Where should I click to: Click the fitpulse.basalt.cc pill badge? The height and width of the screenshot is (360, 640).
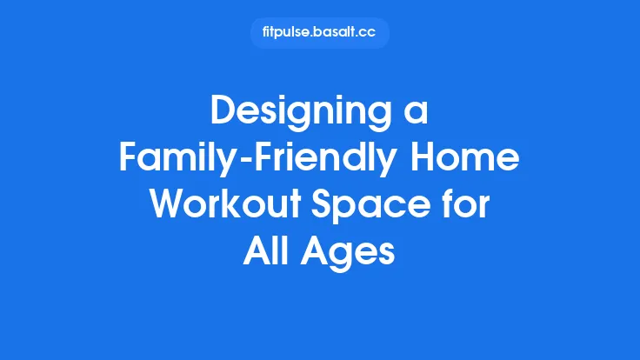[x=319, y=33]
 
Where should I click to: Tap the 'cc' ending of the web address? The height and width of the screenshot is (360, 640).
[x=372, y=33]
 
